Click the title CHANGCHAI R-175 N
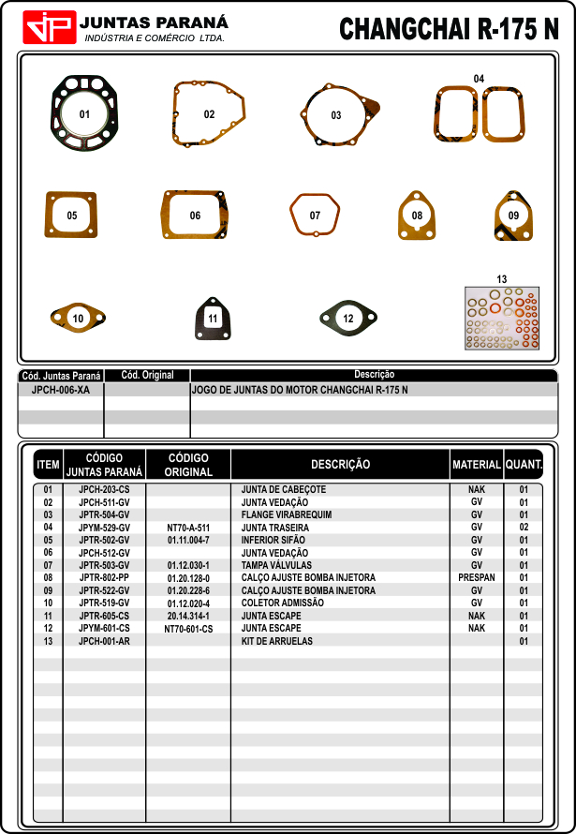[x=449, y=29]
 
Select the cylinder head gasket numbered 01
[x=84, y=114]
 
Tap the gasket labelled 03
[x=336, y=115]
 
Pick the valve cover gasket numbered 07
[x=315, y=216]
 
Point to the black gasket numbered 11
[x=213, y=319]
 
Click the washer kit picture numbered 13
[x=502, y=319]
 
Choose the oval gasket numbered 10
[x=78, y=319]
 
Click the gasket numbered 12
[x=348, y=319]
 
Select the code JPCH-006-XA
[x=61, y=389]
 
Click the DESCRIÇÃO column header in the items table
[x=340, y=464]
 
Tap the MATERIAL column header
[x=476, y=464]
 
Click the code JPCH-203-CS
[x=104, y=490]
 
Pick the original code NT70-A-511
[x=188, y=528]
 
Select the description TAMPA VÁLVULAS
[x=276, y=566]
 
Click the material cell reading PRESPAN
[x=476, y=578]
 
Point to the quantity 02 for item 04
[x=524, y=528]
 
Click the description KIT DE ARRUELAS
[x=277, y=642]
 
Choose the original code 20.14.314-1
[x=188, y=617]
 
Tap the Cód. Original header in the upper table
[x=147, y=375]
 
